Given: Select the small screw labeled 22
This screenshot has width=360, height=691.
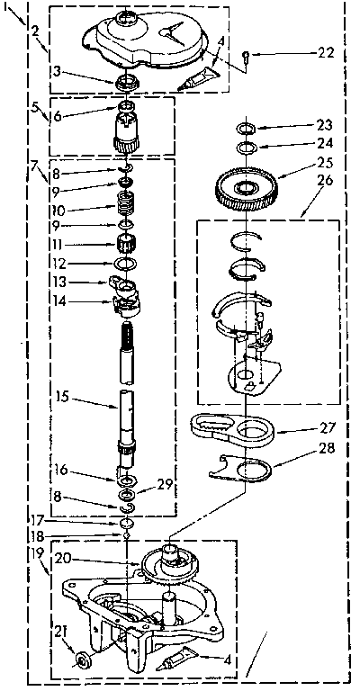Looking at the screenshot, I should (246, 56).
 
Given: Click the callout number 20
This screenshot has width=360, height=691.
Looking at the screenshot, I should (63, 558).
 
